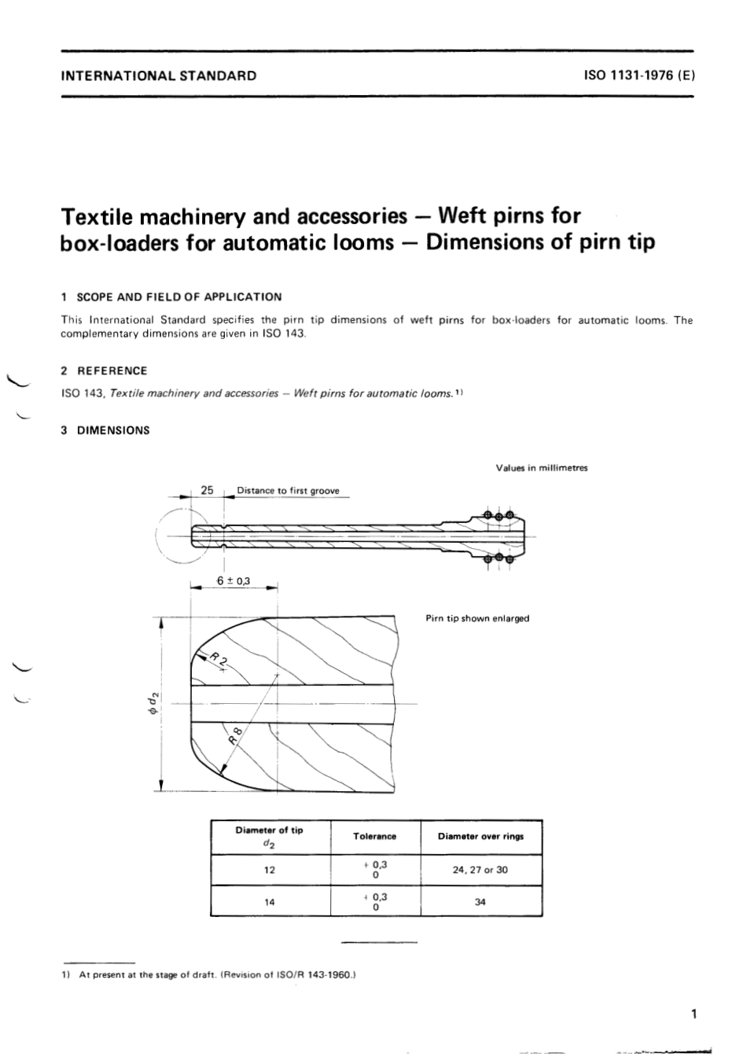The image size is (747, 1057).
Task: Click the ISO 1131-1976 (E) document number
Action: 638,76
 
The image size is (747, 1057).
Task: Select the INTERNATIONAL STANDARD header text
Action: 159,76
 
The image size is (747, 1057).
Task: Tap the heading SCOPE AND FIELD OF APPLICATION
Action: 178,296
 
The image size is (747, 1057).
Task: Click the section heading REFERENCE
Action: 112,370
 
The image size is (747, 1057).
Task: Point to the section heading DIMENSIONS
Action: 113,430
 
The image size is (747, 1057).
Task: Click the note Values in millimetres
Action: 541,468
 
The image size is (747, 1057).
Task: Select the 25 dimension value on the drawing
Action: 208,490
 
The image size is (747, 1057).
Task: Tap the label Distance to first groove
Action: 288,491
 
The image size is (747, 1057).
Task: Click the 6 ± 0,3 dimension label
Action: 234,581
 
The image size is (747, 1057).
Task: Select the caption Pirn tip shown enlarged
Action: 477,618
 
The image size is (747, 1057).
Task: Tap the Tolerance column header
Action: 374,837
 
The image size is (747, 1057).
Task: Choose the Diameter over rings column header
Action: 480,837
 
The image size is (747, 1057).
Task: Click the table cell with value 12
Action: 270,871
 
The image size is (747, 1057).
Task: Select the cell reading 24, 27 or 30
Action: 480,871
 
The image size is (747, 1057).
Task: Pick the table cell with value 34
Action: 480,902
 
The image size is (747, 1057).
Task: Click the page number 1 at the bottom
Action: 693,1015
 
